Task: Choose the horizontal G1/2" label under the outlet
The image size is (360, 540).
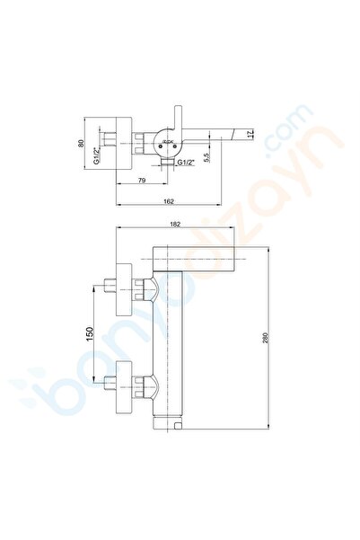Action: click(188, 163)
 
